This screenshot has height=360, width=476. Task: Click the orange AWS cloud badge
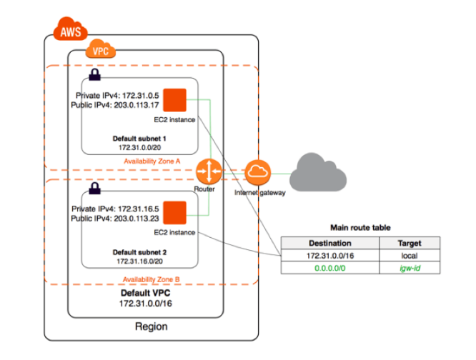tap(70, 31)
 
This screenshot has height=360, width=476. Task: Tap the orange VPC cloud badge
tap(100, 51)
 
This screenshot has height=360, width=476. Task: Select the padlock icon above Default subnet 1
tap(94, 74)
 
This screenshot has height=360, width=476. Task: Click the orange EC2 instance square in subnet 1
tap(174, 100)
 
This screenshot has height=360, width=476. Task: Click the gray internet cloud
tap(320, 169)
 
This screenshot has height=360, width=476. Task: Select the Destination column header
tap(329, 243)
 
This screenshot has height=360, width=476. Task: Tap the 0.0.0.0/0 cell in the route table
tap(329, 268)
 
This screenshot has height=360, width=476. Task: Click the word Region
tap(151, 326)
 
